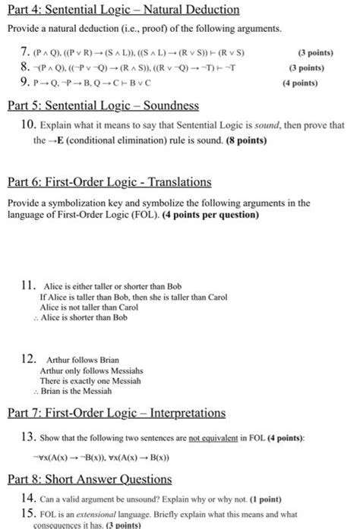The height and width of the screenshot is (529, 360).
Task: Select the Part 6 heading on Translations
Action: (109, 183)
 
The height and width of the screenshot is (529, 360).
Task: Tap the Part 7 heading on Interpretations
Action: (113, 414)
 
